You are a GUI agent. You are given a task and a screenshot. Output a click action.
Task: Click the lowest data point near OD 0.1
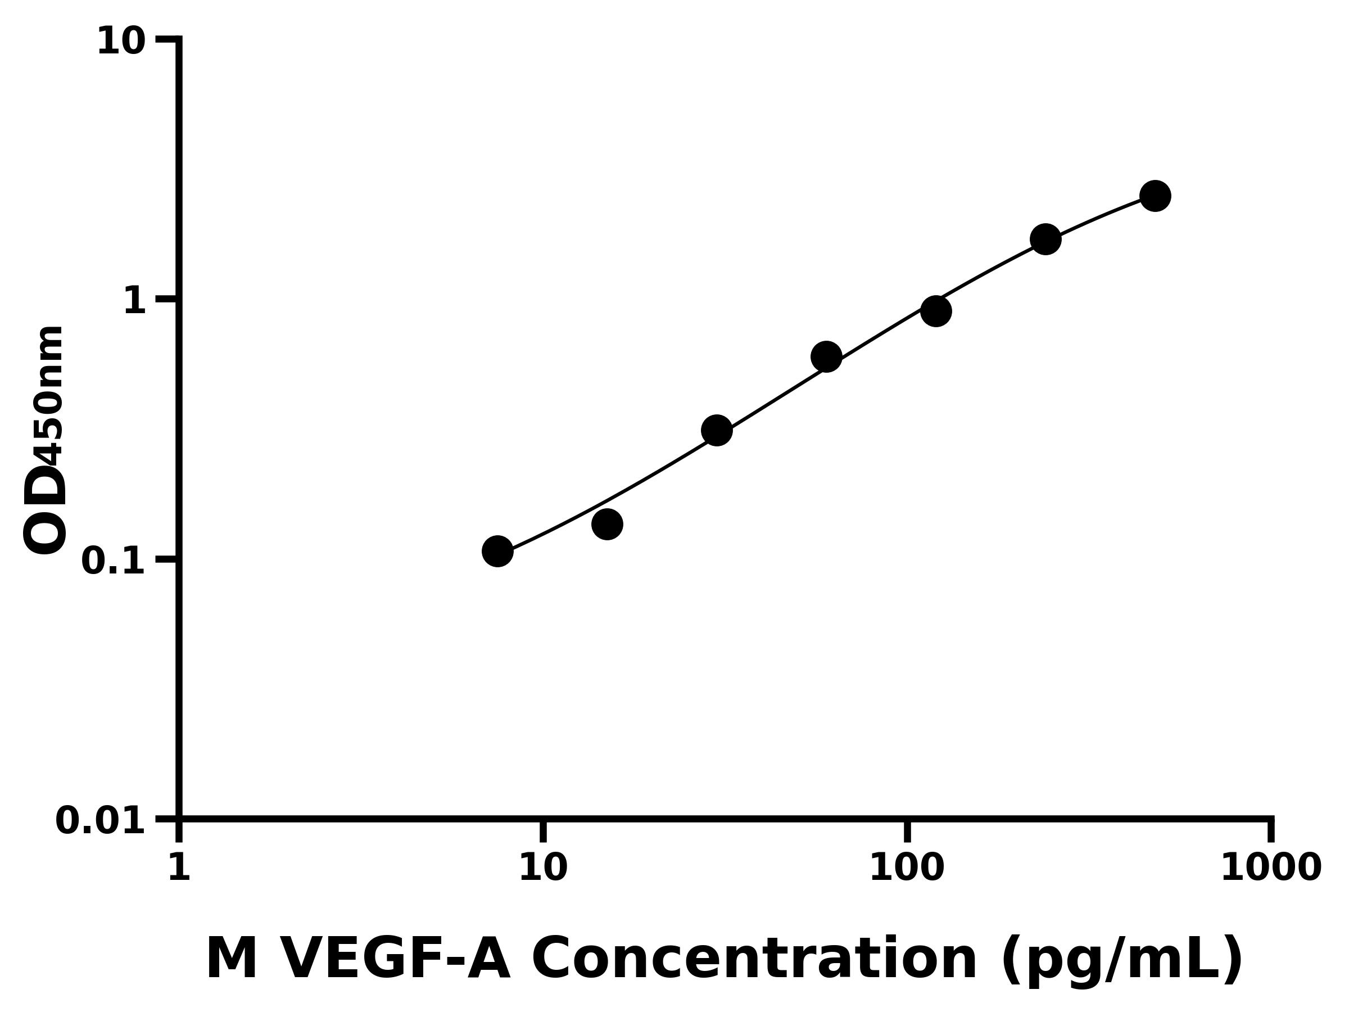(497, 552)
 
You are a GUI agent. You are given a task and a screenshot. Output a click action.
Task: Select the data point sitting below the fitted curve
(607, 524)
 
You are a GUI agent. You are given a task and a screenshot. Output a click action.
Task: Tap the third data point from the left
(717, 431)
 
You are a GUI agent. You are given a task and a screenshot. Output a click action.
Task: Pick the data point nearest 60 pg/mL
(826, 357)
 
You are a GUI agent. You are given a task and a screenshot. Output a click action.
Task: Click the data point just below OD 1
(935, 311)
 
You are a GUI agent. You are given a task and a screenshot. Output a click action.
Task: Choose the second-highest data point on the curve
(1045, 239)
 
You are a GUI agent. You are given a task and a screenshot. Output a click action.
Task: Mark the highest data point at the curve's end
(1155, 196)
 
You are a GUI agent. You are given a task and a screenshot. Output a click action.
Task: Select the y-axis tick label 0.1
(114, 561)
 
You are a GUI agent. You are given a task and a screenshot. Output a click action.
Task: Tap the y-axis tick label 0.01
(101, 821)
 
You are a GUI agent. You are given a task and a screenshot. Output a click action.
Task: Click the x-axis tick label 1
(179, 868)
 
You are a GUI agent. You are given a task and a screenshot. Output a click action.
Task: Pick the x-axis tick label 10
(543, 868)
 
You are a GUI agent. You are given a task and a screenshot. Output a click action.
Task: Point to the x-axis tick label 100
(907, 868)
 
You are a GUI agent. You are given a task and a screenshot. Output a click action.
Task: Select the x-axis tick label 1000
(1271, 868)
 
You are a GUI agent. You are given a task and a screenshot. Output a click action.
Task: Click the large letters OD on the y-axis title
(44, 510)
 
